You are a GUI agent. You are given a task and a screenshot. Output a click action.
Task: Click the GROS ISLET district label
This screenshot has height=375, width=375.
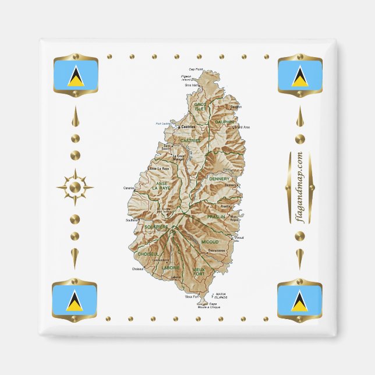200,107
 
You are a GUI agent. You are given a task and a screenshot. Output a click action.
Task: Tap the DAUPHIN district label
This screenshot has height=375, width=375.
224,122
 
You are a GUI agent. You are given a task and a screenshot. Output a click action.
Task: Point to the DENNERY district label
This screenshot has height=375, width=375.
220,179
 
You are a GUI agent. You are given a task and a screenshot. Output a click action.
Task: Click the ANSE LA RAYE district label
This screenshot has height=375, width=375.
161,186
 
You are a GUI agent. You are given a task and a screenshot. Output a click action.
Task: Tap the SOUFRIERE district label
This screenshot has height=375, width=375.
157,227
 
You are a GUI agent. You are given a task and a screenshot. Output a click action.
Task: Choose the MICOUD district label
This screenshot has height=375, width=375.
210,241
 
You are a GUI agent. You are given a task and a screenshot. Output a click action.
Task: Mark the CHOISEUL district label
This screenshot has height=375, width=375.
148,254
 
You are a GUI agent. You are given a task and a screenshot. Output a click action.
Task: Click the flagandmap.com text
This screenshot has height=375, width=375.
300,187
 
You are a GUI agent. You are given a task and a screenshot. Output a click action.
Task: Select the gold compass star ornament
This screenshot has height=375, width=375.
75,187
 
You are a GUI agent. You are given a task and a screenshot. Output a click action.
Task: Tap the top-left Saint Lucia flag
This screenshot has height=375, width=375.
75,75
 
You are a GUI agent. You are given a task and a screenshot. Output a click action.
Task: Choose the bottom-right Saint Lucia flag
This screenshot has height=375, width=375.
300,299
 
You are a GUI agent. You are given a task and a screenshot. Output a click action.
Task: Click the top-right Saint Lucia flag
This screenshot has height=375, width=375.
300,75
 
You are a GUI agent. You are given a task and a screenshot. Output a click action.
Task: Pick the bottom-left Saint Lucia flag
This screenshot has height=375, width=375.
75,299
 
